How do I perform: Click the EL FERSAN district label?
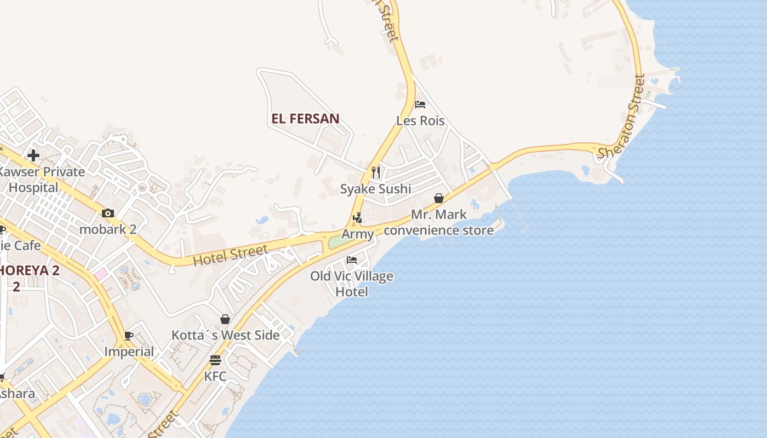305,118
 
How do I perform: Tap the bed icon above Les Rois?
420,105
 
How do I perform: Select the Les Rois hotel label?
420,120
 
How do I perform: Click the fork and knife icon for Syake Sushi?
376,172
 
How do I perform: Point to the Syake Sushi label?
376,189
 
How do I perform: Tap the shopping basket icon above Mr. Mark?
439,198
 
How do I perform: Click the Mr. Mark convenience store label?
439,222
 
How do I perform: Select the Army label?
358,234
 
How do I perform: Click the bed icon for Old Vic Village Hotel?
352,260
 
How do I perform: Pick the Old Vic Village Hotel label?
352,284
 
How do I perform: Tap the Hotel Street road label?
230,256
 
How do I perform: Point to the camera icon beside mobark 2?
108,213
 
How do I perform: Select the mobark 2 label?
108,229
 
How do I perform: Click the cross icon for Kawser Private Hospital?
33,155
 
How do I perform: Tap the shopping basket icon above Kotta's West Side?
225,319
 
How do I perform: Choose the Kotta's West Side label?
225,335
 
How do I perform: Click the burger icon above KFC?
215,360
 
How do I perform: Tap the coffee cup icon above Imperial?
129,336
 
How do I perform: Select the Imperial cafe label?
129,351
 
